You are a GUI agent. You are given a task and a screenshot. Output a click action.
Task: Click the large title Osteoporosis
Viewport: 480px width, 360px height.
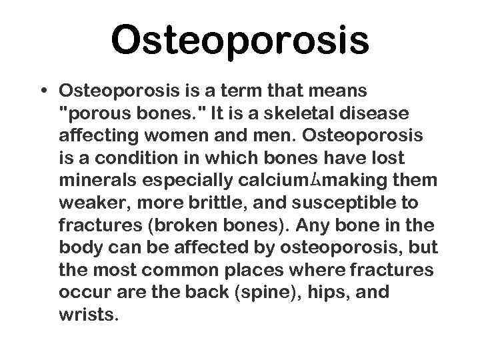click(239, 40)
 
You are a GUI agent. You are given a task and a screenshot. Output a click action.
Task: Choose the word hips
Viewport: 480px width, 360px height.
click(323, 293)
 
